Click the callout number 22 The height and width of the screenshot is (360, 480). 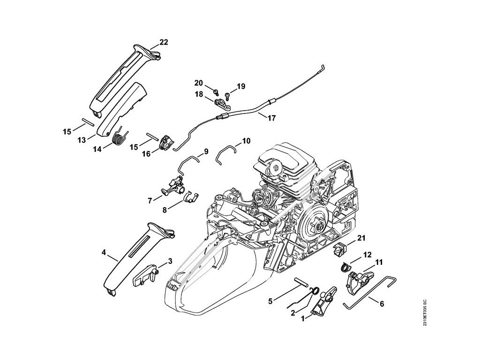click(x=164, y=42)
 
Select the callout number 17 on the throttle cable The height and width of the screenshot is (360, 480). click(x=272, y=118)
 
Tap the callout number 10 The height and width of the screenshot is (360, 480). click(x=247, y=140)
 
